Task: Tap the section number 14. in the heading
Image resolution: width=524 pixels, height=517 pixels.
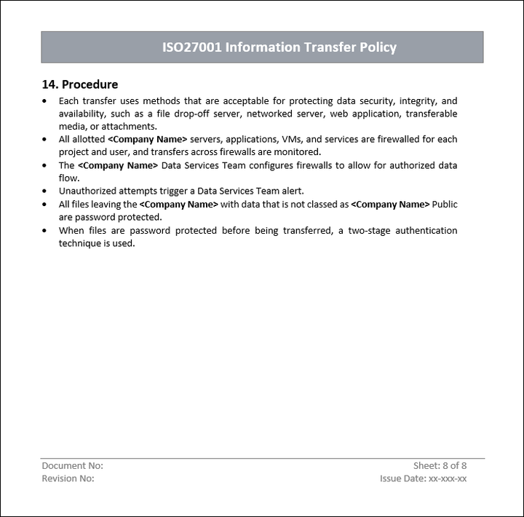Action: [50, 84]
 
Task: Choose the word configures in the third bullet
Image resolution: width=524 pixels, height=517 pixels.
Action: [270, 165]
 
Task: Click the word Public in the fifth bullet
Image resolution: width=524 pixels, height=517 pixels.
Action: [445, 205]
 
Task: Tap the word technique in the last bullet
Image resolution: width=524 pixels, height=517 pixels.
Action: [80, 243]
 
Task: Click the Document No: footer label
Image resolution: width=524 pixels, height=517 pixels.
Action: [73, 465]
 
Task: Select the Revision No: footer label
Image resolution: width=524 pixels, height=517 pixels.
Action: [68, 478]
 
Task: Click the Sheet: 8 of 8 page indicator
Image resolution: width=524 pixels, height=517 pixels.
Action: [440, 465]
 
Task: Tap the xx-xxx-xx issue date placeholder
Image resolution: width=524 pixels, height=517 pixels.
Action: [448, 478]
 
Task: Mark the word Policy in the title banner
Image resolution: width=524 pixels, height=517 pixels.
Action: [378, 47]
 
